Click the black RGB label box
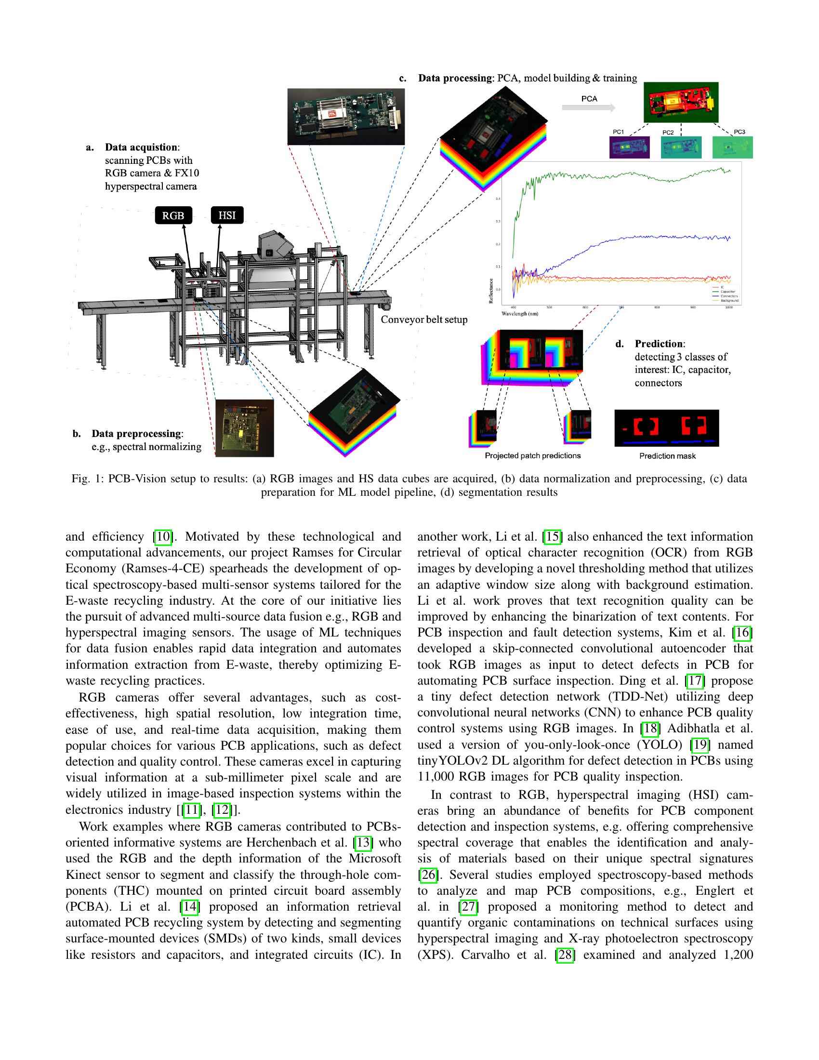tap(173, 215)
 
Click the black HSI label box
tap(227, 215)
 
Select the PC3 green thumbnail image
tap(732, 147)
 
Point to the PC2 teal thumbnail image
tap(681, 147)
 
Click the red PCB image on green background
tap(681, 103)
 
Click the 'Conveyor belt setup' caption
tap(423, 319)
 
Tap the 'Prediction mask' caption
tap(667, 456)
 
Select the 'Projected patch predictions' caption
tap(532, 455)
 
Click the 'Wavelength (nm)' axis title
tap(520, 314)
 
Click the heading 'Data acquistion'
tap(141, 147)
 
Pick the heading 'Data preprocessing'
tap(136, 434)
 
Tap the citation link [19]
tap(700, 744)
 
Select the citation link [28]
tap(565, 954)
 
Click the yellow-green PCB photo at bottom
tap(245, 427)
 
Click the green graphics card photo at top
tap(346, 117)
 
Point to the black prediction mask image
tap(666, 428)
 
